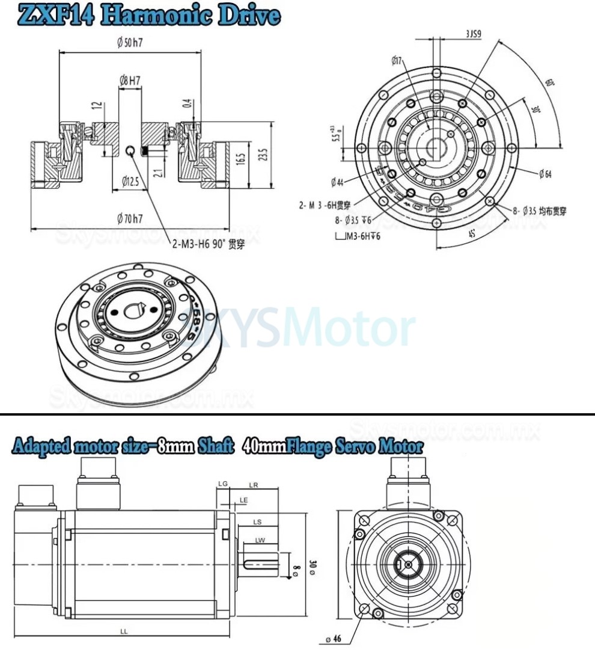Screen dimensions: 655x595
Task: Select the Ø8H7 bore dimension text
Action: pyautogui.click(x=130, y=79)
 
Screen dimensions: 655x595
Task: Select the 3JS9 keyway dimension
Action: pyautogui.click(x=473, y=35)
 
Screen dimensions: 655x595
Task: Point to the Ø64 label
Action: pyautogui.click(x=545, y=174)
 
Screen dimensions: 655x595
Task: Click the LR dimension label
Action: pyautogui.click(x=253, y=485)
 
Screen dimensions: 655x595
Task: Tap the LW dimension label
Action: pyautogui.click(x=260, y=540)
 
